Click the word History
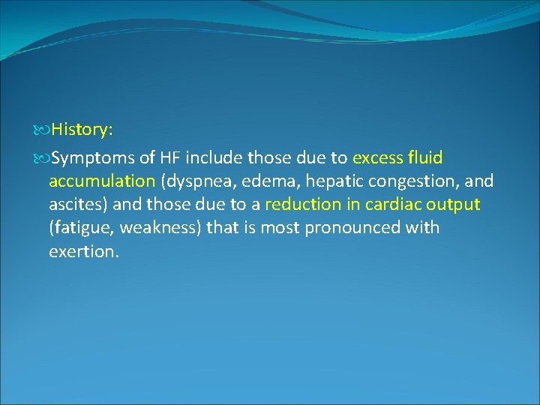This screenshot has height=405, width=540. click(81, 130)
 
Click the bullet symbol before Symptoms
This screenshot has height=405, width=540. click(42, 158)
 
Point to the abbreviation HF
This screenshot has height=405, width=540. click(169, 158)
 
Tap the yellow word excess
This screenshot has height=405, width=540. click(378, 158)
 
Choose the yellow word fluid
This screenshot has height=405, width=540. click(426, 158)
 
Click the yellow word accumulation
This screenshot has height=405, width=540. click(101, 181)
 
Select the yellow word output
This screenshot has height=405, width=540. click(454, 205)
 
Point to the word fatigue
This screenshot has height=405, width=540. click(82, 228)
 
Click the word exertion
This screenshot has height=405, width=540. click(82, 251)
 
